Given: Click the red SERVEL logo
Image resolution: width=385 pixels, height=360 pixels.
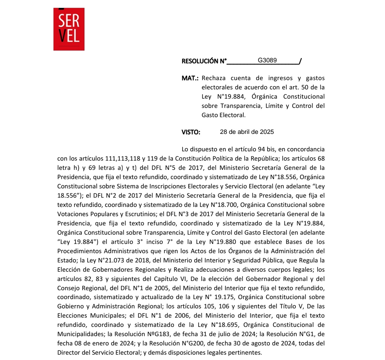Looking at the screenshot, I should [69, 29].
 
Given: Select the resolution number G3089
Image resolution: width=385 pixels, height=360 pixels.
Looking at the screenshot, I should [267, 60].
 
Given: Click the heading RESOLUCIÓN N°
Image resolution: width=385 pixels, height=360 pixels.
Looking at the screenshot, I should [204, 61].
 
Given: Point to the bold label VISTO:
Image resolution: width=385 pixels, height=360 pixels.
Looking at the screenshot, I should [191, 132].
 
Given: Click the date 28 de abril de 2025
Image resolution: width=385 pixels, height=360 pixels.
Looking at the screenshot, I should [247, 132].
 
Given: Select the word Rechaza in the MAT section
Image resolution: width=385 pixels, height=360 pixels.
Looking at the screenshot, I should [215, 78].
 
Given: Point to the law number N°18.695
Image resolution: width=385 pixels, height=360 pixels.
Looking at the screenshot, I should [227, 325].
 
